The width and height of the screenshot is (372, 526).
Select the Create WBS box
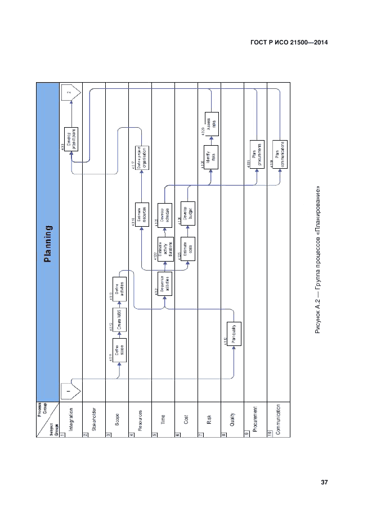pyautogui.click(x=118, y=318)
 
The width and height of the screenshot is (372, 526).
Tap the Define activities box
pyautogui.click(x=118, y=289)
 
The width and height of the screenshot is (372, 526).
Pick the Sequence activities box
pyautogui.click(x=165, y=285)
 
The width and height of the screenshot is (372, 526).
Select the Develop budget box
pyautogui.click(x=188, y=212)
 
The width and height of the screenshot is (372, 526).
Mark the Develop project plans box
pyautogui.click(x=71, y=139)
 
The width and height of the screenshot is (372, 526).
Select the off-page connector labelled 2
pyautogui.click(x=70, y=93)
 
